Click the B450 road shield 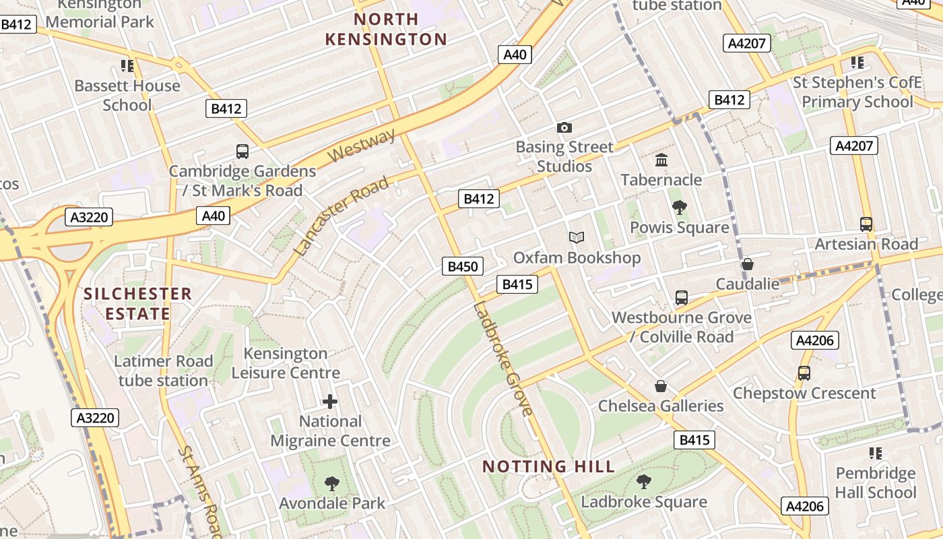click(x=463, y=266)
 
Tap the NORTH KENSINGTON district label click(x=386, y=29)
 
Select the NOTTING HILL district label click(x=548, y=466)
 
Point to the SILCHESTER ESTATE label click(x=137, y=303)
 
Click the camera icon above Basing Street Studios click(x=564, y=127)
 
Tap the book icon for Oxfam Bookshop click(x=577, y=237)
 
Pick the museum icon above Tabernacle click(x=661, y=160)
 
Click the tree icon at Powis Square click(x=679, y=208)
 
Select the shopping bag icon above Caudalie click(x=747, y=264)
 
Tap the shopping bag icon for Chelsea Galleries click(x=661, y=386)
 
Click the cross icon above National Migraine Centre click(x=330, y=402)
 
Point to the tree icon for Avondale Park click(x=331, y=483)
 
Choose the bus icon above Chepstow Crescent click(x=804, y=373)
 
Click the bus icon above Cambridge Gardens click(x=242, y=151)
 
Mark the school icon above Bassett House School click(x=127, y=65)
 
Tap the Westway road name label click(x=362, y=146)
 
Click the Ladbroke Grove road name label click(x=502, y=358)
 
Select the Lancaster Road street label click(x=342, y=215)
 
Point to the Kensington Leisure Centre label click(x=286, y=362)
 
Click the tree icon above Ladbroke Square click(x=644, y=481)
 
